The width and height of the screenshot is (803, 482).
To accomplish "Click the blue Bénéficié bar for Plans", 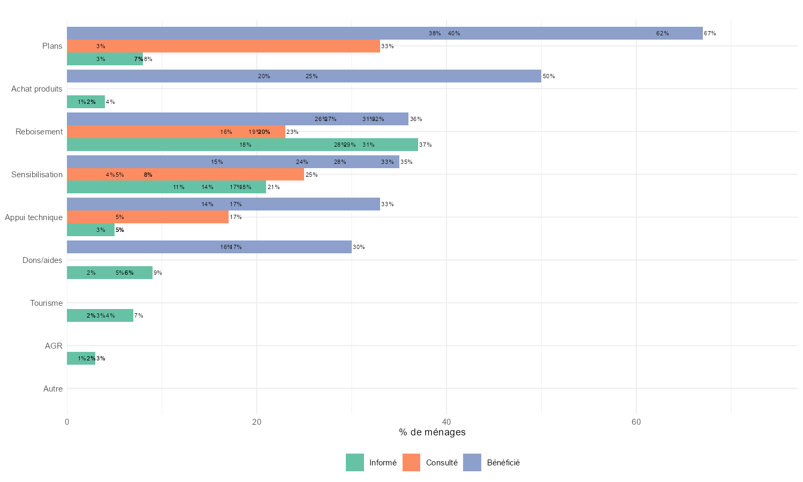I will [384, 33].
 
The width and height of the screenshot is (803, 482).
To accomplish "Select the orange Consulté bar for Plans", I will [223, 46].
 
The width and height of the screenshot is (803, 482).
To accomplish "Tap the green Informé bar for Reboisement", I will [242, 145].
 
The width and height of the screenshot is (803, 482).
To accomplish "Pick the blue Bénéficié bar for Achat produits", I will [304, 76].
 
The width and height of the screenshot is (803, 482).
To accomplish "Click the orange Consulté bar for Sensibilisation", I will [185, 175].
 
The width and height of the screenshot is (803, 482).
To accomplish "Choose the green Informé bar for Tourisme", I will [100, 315].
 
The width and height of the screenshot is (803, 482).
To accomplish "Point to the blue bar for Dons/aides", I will [209, 247].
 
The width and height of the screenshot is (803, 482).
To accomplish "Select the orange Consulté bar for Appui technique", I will [148, 217].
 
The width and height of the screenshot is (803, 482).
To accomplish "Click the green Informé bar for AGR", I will [81, 358].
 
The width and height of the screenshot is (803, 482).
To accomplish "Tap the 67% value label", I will [710, 33].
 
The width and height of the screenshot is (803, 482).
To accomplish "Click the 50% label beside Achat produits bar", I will [549, 76].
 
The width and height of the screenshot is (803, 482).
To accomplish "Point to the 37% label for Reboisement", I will [426, 145].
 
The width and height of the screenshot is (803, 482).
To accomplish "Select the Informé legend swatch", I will [354, 463].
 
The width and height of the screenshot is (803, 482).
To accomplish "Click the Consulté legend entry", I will [442, 463].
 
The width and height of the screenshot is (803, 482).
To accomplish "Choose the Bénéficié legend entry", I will [503, 463].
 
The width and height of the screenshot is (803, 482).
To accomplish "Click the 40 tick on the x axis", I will [446, 422].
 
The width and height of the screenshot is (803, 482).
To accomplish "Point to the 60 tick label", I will [636, 422].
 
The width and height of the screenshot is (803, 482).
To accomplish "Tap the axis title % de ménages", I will [432, 432].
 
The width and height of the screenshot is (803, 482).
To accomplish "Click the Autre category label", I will [53, 389].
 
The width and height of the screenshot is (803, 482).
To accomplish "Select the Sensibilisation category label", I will [37, 175].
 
